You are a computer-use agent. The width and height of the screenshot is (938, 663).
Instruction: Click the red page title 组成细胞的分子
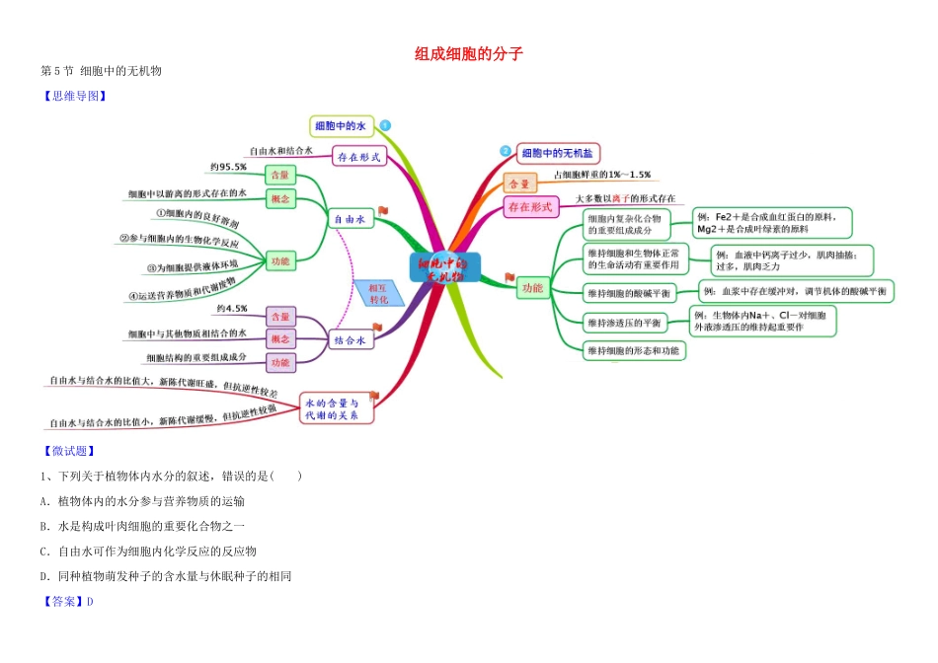[469, 54]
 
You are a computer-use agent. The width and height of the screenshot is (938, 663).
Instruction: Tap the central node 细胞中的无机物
[444, 268]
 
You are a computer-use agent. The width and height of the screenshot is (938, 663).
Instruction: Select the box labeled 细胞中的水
[341, 125]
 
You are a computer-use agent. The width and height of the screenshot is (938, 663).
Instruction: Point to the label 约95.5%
[227, 167]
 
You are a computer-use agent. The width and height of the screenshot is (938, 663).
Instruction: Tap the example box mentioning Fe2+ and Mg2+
[768, 223]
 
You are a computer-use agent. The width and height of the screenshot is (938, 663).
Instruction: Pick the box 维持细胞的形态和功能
[632, 350]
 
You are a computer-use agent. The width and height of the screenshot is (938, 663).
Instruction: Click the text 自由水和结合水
[281, 151]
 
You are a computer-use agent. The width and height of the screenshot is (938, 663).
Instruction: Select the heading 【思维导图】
[72, 96]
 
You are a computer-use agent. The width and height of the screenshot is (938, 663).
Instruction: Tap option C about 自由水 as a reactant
[148, 551]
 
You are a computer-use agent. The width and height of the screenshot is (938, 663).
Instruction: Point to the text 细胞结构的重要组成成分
[196, 357]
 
